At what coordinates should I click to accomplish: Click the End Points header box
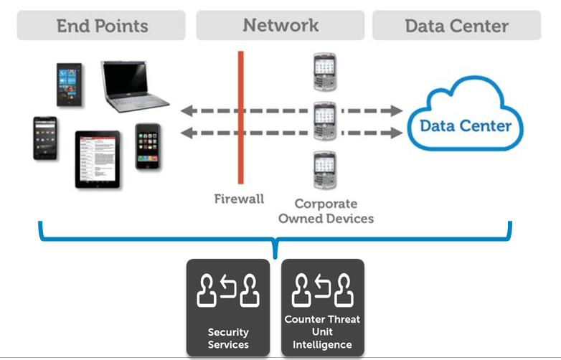[101, 25]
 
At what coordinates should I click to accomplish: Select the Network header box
[280, 25]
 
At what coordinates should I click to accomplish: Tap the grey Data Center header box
[456, 25]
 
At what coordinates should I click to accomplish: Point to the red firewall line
[241, 118]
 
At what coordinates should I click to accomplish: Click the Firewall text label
[239, 199]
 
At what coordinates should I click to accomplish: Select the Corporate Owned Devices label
[326, 211]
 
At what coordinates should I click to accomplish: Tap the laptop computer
[134, 86]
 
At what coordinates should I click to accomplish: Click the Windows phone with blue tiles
[70, 85]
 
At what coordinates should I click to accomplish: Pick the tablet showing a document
[98, 159]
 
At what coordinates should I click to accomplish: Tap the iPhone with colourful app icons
[148, 146]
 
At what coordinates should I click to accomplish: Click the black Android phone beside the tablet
[45, 138]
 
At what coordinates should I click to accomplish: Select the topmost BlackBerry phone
[324, 72]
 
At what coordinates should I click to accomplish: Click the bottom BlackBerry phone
[324, 170]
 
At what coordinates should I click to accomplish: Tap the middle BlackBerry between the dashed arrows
[324, 120]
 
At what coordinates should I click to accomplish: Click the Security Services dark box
[228, 307]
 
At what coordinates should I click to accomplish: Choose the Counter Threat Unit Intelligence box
[322, 307]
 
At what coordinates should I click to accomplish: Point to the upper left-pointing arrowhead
[187, 111]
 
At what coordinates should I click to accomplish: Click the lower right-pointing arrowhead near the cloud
[397, 133]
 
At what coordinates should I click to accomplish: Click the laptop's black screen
[126, 82]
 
